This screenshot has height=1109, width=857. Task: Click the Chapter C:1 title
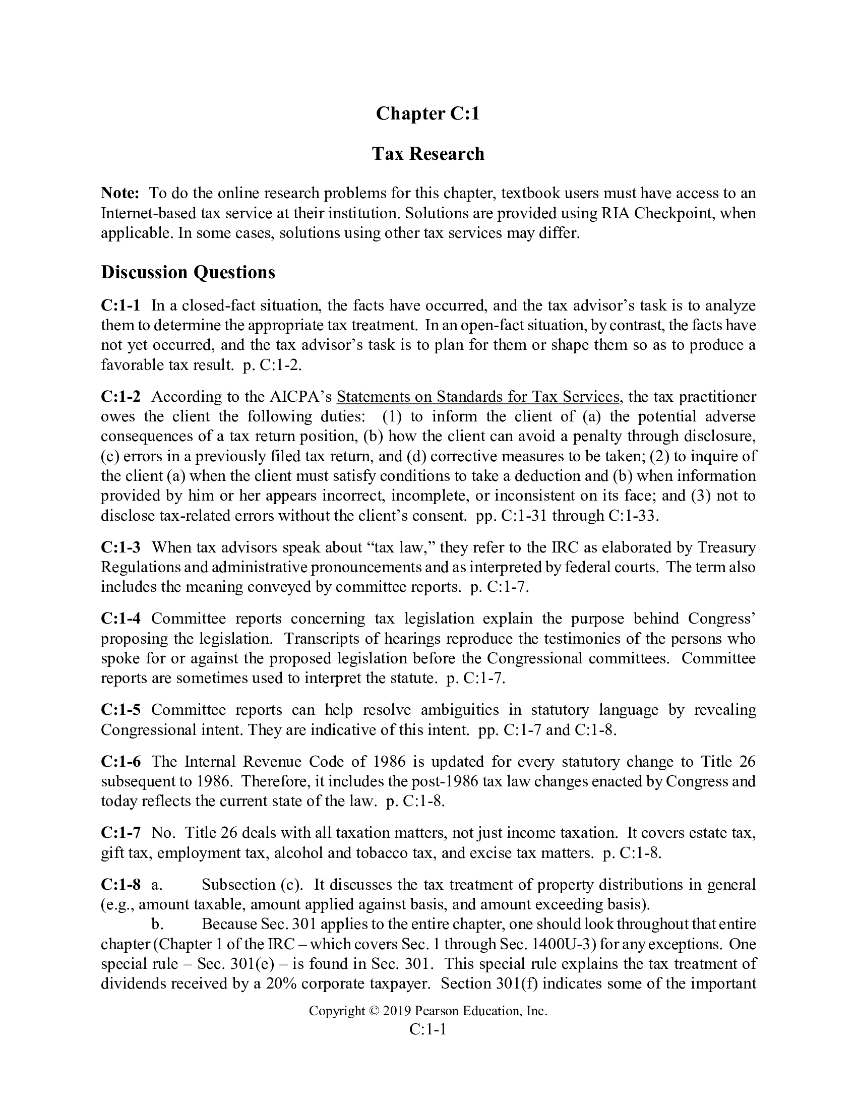(x=427, y=113)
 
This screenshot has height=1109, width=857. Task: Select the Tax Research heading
(x=428, y=153)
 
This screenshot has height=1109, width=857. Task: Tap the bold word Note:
(x=120, y=193)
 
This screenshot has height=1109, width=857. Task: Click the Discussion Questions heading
(x=188, y=272)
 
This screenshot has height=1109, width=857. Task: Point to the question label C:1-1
(x=120, y=305)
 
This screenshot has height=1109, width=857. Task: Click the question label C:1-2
(x=121, y=396)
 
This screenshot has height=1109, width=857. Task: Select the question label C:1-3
(x=121, y=547)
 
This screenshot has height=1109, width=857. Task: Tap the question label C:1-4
(x=121, y=619)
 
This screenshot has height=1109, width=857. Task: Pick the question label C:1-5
(x=121, y=709)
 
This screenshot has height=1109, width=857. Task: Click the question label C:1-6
(x=121, y=762)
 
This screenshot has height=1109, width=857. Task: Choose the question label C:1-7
(x=121, y=833)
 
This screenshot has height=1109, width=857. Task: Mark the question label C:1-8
(x=121, y=885)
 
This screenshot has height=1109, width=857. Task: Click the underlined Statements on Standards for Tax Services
(x=478, y=396)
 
